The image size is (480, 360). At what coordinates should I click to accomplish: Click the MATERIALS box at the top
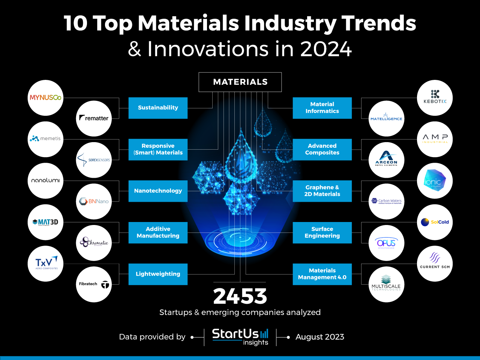pos(240,82)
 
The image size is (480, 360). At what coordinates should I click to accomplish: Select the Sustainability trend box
pos(158,108)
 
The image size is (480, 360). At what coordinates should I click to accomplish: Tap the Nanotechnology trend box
pos(158,191)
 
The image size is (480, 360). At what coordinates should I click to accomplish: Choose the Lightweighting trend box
pos(158,274)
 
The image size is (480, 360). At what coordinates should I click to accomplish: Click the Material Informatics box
pos(322,108)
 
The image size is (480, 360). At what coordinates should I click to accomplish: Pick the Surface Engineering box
pos(322,232)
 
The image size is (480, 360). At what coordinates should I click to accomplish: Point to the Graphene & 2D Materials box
pos(322,191)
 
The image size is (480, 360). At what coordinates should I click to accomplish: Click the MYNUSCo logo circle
pos(46,98)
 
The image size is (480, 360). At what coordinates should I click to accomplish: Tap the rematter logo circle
pos(94,118)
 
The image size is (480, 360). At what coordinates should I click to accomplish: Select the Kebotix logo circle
pos(435,98)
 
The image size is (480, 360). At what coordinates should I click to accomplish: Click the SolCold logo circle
pos(435,222)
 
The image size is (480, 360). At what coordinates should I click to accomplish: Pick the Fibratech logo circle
pos(94,284)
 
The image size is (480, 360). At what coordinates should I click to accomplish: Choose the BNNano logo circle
pos(94,201)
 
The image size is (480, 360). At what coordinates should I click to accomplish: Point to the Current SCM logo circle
pos(435,264)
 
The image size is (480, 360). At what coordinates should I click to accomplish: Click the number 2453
pos(240,296)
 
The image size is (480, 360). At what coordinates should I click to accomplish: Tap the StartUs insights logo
pos(240,336)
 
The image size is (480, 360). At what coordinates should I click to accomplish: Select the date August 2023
pos(319,337)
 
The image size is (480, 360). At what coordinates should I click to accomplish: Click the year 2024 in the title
pos(326,49)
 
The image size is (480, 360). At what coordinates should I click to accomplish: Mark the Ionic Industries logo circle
pos(435,181)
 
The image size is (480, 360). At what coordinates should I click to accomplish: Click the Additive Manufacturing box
pos(158,232)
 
